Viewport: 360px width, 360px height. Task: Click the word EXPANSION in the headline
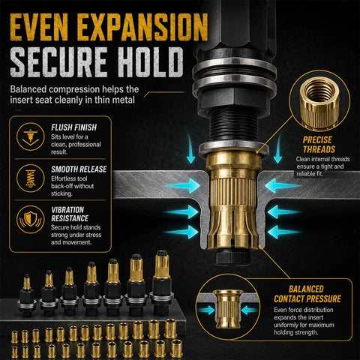click(142, 27)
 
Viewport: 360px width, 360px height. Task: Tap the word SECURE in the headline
click(59, 61)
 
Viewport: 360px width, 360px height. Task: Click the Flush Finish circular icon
click(31, 136)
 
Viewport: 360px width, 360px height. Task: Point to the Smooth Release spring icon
click(31, 178)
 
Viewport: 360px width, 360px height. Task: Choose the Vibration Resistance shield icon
click(31, 219)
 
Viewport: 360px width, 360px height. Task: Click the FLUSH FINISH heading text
click(74, 127)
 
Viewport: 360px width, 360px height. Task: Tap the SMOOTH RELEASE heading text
click(79, 169)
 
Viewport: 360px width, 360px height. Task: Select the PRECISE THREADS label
click(319, 145)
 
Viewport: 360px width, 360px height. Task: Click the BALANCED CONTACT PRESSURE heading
click(307, 294)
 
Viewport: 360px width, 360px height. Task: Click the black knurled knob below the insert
click(233, 256)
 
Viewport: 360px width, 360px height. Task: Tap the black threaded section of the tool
click(233, 125)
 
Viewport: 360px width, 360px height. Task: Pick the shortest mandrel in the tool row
click(26, 295)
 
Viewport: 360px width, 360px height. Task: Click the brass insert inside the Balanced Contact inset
click(228, 309)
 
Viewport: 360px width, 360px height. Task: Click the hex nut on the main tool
click(234, 99)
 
